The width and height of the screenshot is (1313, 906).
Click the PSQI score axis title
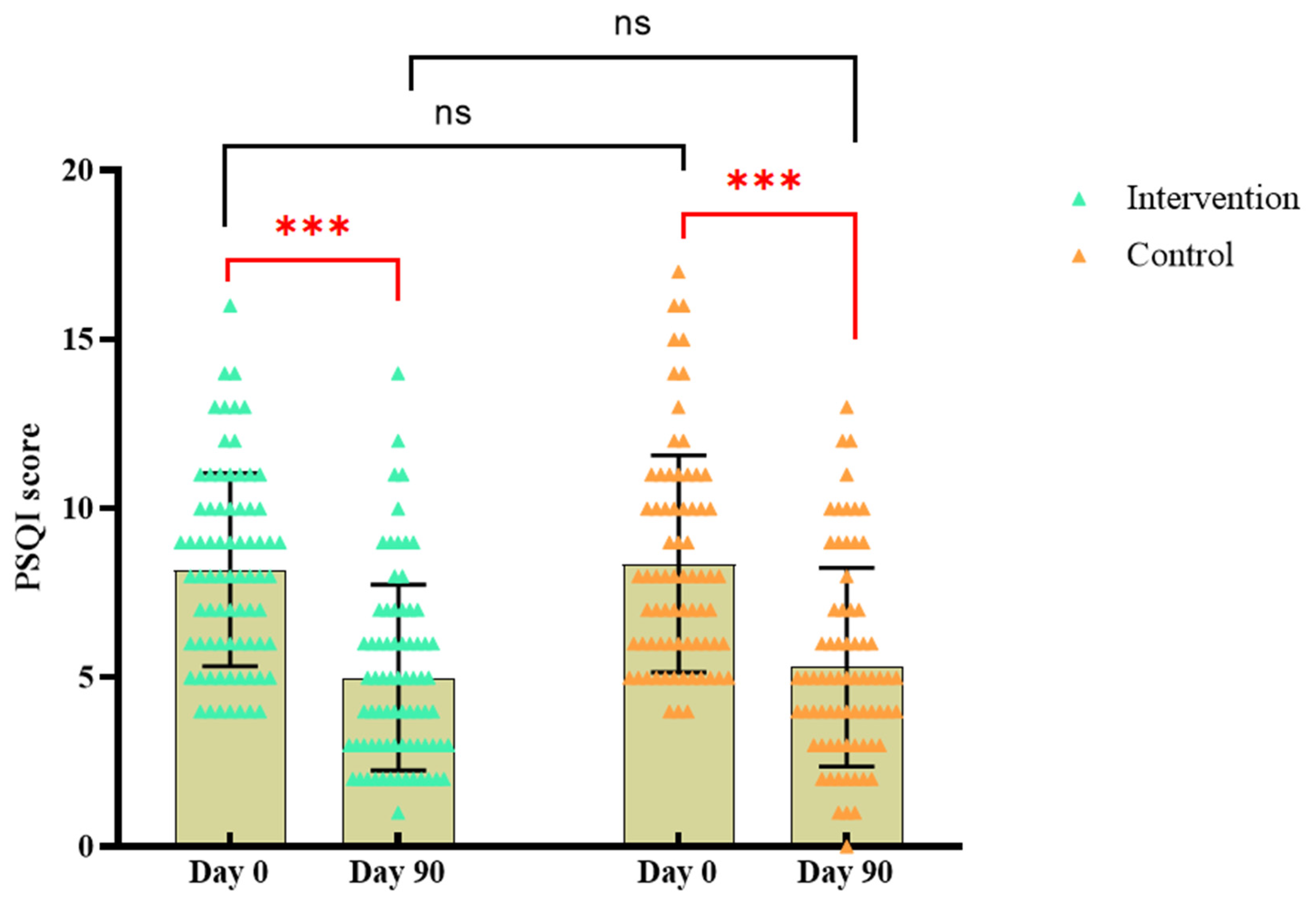[27, 507]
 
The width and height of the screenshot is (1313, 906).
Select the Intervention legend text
[1212, 199]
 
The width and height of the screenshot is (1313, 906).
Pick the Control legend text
[1180, 255]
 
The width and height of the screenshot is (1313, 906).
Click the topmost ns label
[632, 24]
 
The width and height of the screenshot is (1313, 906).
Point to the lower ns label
[453, 113]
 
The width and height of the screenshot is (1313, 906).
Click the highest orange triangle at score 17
[679, 272]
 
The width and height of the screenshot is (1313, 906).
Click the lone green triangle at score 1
[398, 813]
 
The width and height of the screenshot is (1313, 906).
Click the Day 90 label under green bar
[397, 873]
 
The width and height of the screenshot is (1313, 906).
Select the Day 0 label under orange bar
[677, 873]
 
